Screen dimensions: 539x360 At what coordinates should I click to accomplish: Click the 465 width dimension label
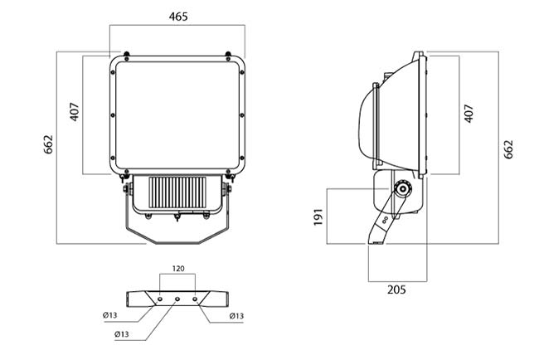[178, 17]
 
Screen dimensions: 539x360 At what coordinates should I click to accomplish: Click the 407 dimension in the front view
[75, 112]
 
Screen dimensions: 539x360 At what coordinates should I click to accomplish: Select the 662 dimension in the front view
[48, 144]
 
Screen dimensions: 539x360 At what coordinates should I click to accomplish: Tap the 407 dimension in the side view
[469, 114]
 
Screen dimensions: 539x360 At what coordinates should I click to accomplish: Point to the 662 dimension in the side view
[508, 149]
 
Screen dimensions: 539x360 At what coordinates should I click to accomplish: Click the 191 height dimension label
[318, 217]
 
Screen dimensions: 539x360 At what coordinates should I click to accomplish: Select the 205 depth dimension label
[396, 289]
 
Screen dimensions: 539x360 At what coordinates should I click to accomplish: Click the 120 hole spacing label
[178, 268]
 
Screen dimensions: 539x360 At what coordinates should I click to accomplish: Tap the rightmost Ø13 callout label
[236, 316]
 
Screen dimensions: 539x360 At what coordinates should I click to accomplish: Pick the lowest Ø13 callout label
[122, 333]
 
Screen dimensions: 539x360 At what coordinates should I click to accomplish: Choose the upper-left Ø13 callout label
[110, 315]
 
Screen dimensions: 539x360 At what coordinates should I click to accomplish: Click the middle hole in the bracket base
[177, 299]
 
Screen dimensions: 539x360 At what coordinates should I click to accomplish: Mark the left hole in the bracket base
[160, 299]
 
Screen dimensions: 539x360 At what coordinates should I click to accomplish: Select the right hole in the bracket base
[195, 299]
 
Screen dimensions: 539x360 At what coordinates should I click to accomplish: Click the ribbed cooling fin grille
[177, 192]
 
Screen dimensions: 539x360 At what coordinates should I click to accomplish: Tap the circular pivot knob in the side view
[403, 189]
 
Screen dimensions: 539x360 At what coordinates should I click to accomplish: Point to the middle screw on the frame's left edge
[113, 115]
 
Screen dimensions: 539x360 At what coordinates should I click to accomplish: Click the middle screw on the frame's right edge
[242, 115]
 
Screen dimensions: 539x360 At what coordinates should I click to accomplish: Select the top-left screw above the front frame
[127, 54]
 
